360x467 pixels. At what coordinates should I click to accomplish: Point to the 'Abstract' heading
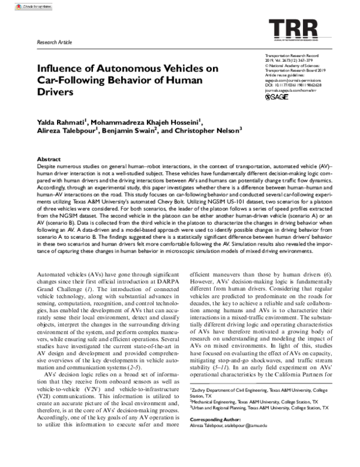pos(48,157)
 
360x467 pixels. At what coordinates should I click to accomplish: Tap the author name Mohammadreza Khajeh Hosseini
pos(146,123)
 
